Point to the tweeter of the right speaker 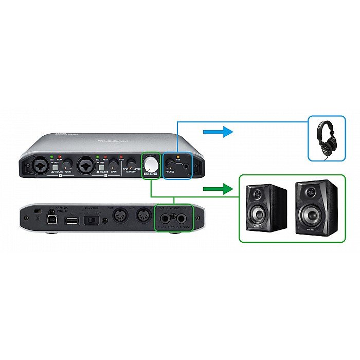(x=309, y=192)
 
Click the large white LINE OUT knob (x=151, y=164)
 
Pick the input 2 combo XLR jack (x=84, y=166)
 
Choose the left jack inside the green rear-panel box (x=165, y=219)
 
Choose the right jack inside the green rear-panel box (x=183, y=219)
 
